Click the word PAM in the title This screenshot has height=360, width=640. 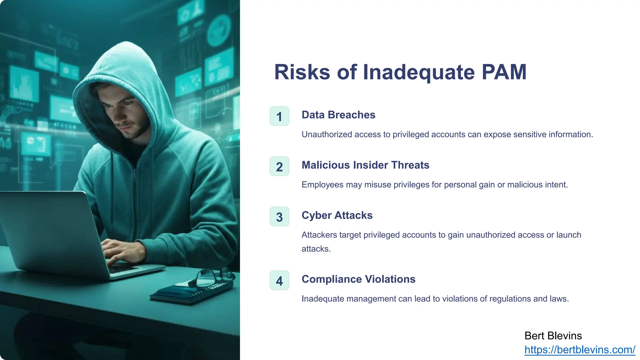pyautogui.click(x=504, y=72)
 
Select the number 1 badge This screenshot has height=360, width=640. pyautogui.click(x=279, y=116)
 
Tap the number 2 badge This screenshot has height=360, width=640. pyautogui.click(x=279, y=167)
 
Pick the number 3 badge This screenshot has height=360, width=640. pyautogui.click(x=279, y=217)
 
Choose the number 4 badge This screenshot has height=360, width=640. pyautogui.click(x=279, y=281)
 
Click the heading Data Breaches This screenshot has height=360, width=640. pyautogui.click(x=338, y=115)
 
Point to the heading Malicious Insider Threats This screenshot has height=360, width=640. pyautogui.click(x=365, y=165)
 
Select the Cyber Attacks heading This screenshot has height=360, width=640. pyautogui.click(x=337, y=215)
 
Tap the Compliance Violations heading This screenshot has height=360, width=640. pyautogui.click(x=358, y=279)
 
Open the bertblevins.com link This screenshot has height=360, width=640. pyautogui.click(x=580, y=350)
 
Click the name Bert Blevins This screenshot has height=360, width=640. pyautogui.click(x=553, y=336)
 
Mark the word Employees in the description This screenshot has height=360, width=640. pyautogui.click(x=322, y=185)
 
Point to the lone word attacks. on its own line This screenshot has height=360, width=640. pyautogui.click(x=316, y=249)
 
